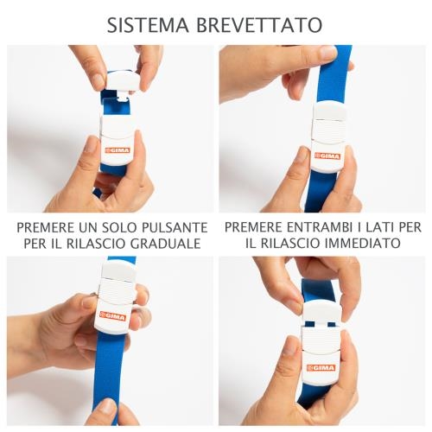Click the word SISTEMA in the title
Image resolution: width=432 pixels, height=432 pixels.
coord(148,25)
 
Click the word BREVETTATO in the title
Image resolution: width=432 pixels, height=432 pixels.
coord(259,25)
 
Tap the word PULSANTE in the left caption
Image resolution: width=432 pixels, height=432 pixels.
coord(175,227)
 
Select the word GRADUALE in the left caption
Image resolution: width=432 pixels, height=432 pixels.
coord(166,244)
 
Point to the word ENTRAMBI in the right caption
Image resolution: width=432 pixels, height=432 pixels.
coord(320,227)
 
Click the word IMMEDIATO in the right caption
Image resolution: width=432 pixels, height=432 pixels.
coord(363,243)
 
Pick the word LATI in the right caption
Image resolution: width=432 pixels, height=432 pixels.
coord(380,227)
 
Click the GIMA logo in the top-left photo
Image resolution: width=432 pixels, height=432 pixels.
coord(118,150)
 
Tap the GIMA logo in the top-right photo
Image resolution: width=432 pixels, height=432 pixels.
coord(327,156)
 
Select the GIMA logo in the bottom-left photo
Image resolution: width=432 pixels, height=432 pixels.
coord(112,315)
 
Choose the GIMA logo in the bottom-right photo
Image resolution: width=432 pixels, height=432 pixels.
coord(321,368)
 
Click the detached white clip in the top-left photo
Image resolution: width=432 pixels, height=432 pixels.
coord(124,82)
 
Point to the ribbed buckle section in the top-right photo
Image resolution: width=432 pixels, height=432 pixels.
coord(328,132)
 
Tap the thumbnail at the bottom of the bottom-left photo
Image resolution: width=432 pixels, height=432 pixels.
coord(108,406)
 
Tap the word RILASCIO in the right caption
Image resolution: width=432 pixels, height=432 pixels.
coord(289,243)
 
